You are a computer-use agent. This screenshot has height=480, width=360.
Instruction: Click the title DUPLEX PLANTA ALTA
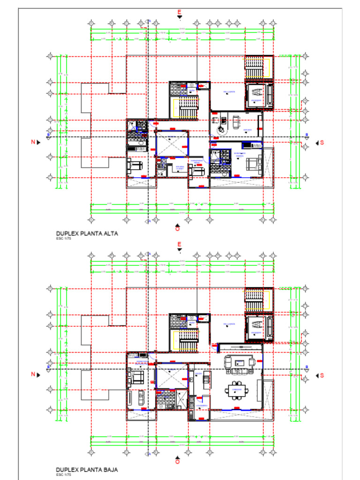[x=87, y=233]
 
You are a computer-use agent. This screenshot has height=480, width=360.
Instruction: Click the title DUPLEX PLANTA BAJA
[x=87, y=469]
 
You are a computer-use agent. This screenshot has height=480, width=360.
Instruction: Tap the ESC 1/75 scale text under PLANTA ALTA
[x=62, y=238]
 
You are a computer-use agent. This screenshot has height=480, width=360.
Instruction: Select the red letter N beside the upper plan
[x=33, y=142]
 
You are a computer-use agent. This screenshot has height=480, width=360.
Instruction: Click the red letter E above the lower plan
[x=179, y=244]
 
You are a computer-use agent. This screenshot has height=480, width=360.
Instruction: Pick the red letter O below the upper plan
[x=177, y=229]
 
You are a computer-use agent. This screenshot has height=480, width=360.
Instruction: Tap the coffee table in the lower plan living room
[x=240, y=362]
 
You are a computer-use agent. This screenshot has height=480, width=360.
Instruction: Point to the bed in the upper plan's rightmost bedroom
[x=253, y=164]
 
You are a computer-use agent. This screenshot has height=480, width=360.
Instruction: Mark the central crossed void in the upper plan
[x=171, y=143]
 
